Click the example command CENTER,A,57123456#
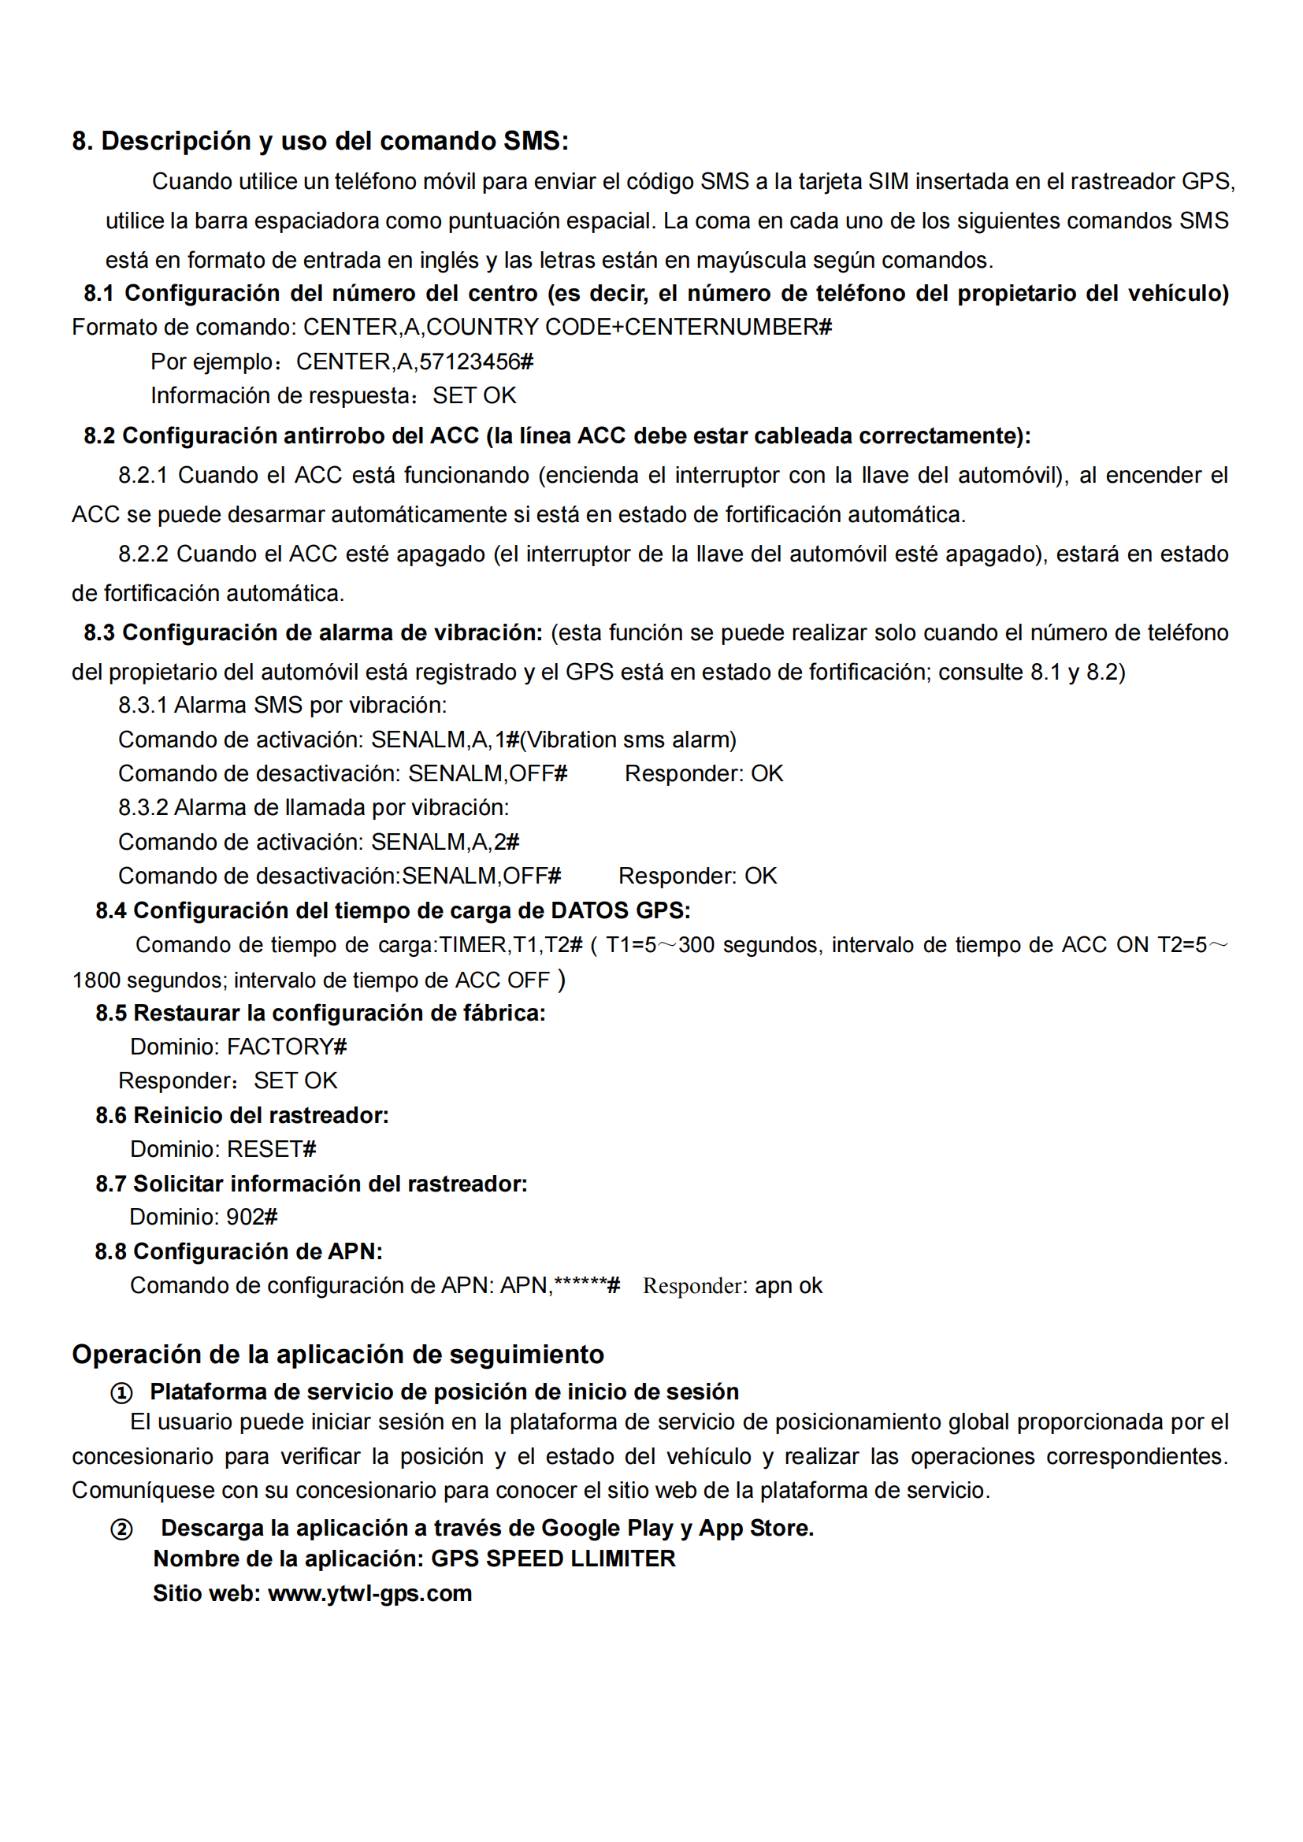tap(414, 361)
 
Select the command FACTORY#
tap(287, 1046)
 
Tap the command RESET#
tap(271, 1149)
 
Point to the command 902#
tap(252, 1217)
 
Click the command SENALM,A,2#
tap(444, 842)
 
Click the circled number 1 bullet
tap(121, 1393)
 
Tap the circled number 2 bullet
tap(121, 1529)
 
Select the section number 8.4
tap(111, 910)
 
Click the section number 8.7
tap(111, 1184)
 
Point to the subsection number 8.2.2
tap(143, 554)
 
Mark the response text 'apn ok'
tap(788, 1286)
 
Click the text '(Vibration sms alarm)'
tap(627, 739)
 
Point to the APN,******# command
tap(560, 1286)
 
